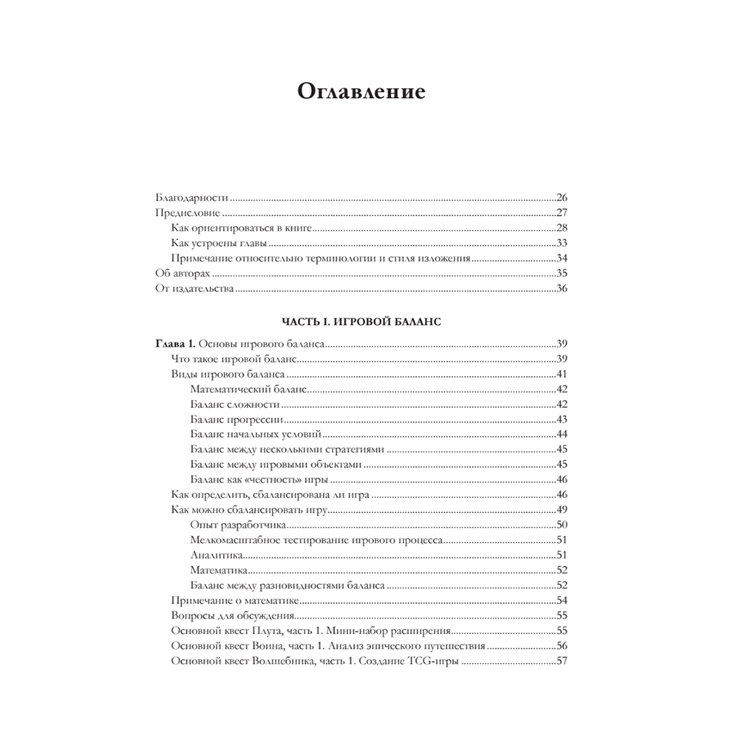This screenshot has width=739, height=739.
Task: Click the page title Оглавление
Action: click(361, 93)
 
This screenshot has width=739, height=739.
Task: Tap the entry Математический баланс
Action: click(248, 389)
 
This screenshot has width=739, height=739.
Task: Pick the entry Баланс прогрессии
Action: click(236, 419)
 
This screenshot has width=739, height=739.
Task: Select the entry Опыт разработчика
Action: click(238, 525)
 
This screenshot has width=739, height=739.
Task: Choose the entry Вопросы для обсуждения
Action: click(233, 615)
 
